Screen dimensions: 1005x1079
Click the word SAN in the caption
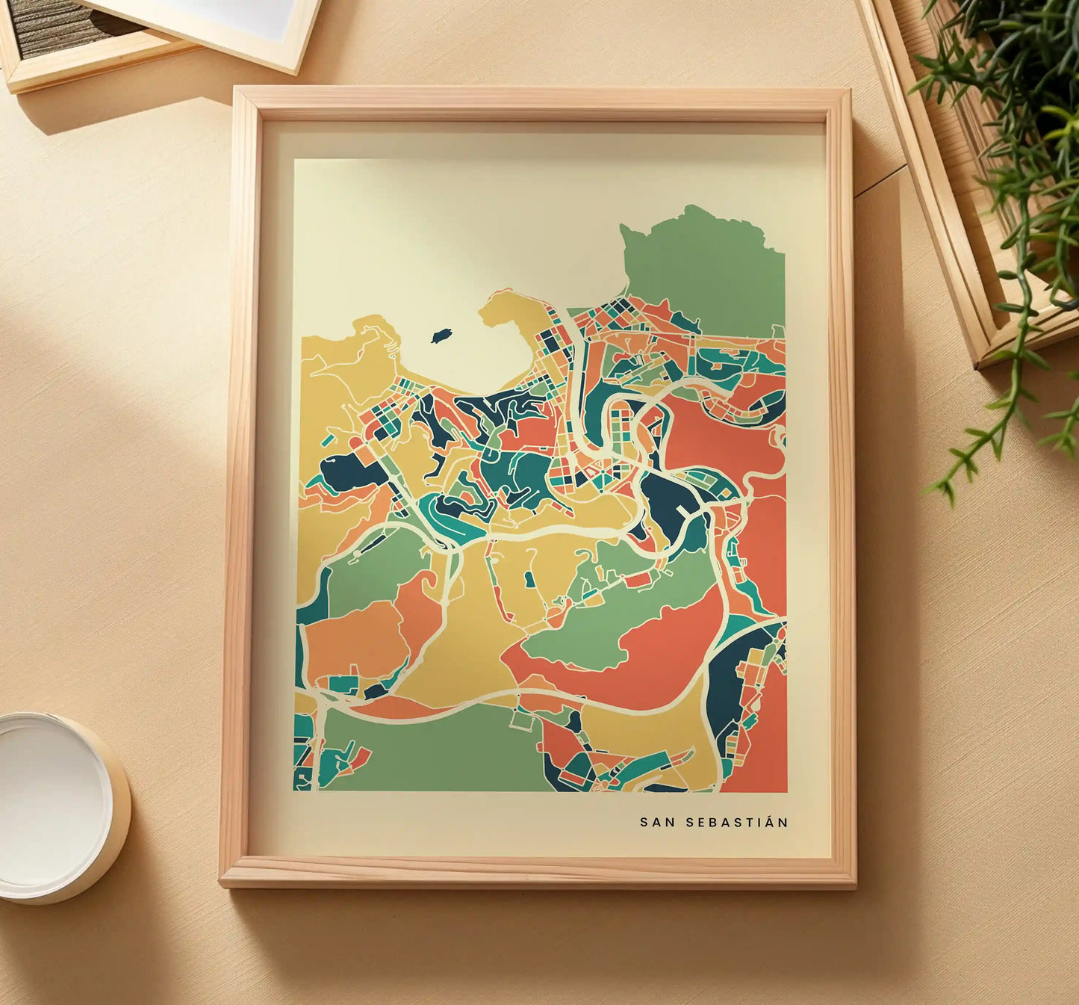[x=653, y=822]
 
